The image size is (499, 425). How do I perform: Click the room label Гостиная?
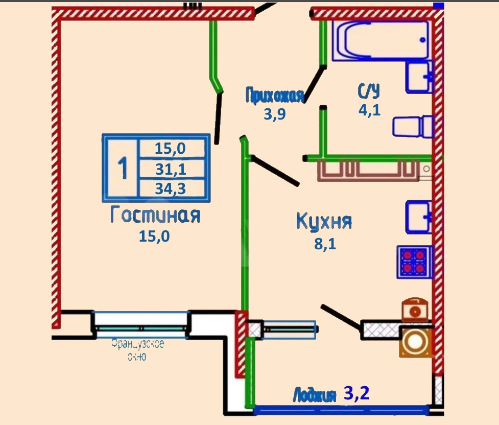[x=155, y=215]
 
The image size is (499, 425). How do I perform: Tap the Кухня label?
[x=324, y=222]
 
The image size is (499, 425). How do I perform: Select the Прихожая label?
[x=275, y=96]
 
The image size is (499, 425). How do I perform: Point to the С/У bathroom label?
[x=369, y=91]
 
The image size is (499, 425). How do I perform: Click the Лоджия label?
[x=315, y=395]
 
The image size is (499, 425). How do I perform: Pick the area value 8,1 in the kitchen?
[x=325, y=244]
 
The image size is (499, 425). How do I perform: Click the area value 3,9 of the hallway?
[x=274, y=114]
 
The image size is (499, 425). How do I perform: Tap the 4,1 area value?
[x=369, y=110]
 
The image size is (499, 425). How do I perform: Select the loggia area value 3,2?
[x=356, y=393]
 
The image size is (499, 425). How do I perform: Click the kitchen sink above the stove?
[x=418, y=217]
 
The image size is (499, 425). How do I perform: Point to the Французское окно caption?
[x=137, y=350]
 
